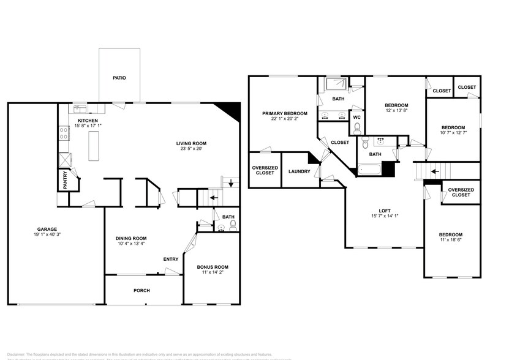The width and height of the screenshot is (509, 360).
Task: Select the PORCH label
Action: [141, 290]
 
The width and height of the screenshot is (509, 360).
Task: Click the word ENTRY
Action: [171, 259]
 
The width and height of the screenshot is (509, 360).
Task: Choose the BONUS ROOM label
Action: [212, 267]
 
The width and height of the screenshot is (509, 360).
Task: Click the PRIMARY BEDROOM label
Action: [284, 113]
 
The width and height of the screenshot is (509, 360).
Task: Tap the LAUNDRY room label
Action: [300, 171]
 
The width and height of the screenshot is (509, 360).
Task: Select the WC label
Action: [356, 116]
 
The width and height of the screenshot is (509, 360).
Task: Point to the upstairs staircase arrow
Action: [434, 171]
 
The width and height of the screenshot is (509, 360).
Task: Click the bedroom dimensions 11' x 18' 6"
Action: [450, 241]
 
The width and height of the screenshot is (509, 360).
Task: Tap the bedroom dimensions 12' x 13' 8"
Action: [396, 111]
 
